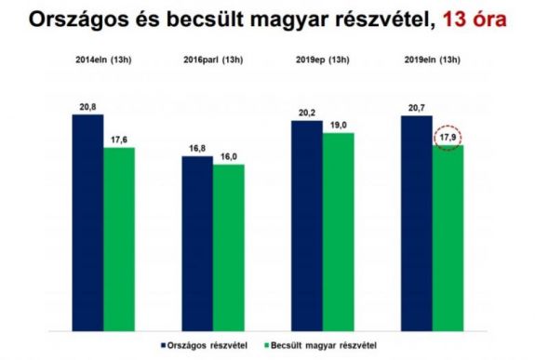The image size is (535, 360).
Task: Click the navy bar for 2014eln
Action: point(87,222)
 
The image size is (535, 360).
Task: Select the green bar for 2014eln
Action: point(119,239)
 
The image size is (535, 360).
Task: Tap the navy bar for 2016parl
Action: point(196,243)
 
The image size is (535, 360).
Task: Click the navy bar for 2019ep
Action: point(306,225)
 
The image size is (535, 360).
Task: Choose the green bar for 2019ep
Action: point(338,232)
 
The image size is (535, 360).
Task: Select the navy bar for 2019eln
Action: point(416,223)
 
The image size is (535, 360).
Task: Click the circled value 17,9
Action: point(448,139)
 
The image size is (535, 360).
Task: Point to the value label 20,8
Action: point(87,108)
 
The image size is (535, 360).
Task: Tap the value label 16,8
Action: point(196,148)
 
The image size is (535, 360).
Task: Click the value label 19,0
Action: point(338,125)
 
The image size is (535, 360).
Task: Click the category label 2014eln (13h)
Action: point(102,60)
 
